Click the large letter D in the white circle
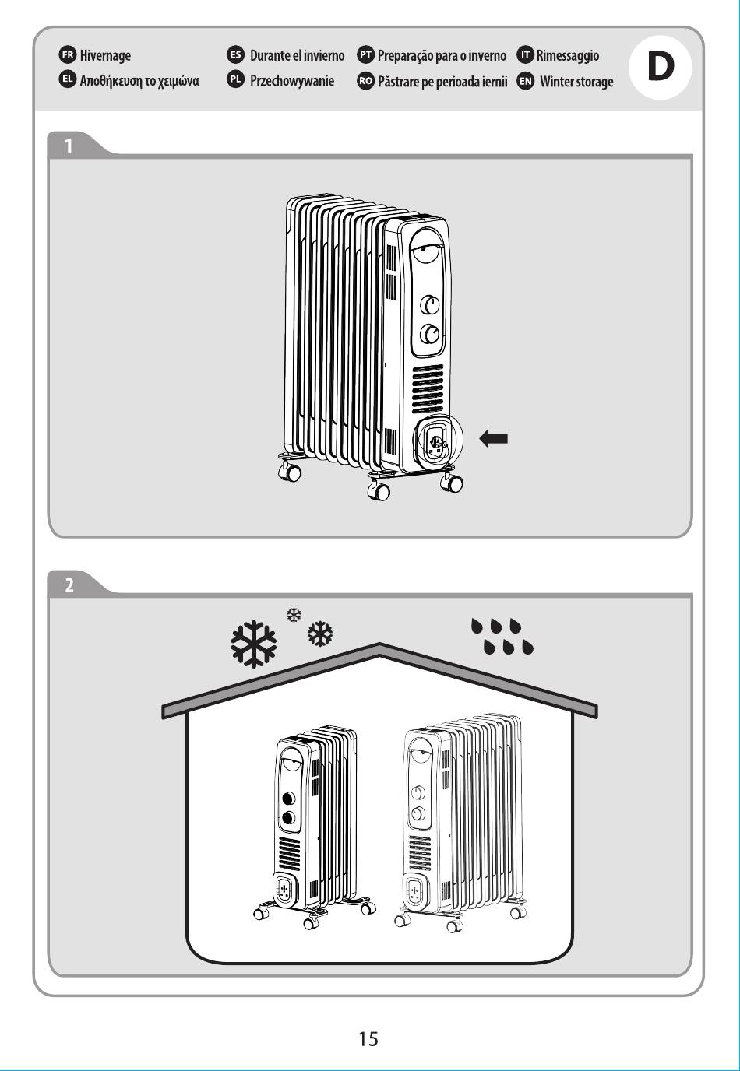pos(660,68)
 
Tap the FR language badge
pos(68,55)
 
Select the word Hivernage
pos(105,56)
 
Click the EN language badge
pos(525,81)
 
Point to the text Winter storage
pos(576,82)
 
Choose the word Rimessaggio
pos(567,56)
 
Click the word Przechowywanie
pos(292,81)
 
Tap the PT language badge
pos(365,55)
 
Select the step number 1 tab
pos(69,146)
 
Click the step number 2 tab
pos(69,585)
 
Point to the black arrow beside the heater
pos(494,438)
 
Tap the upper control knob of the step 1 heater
pos(429,304)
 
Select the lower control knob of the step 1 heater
pos(429,334)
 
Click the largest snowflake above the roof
pos(253,644)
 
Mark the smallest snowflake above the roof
pos(294,615)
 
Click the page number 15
pos(368,1038)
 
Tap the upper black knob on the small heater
pos(288,798)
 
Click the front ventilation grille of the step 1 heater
pos(428,388)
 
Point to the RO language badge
pos(365,81)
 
